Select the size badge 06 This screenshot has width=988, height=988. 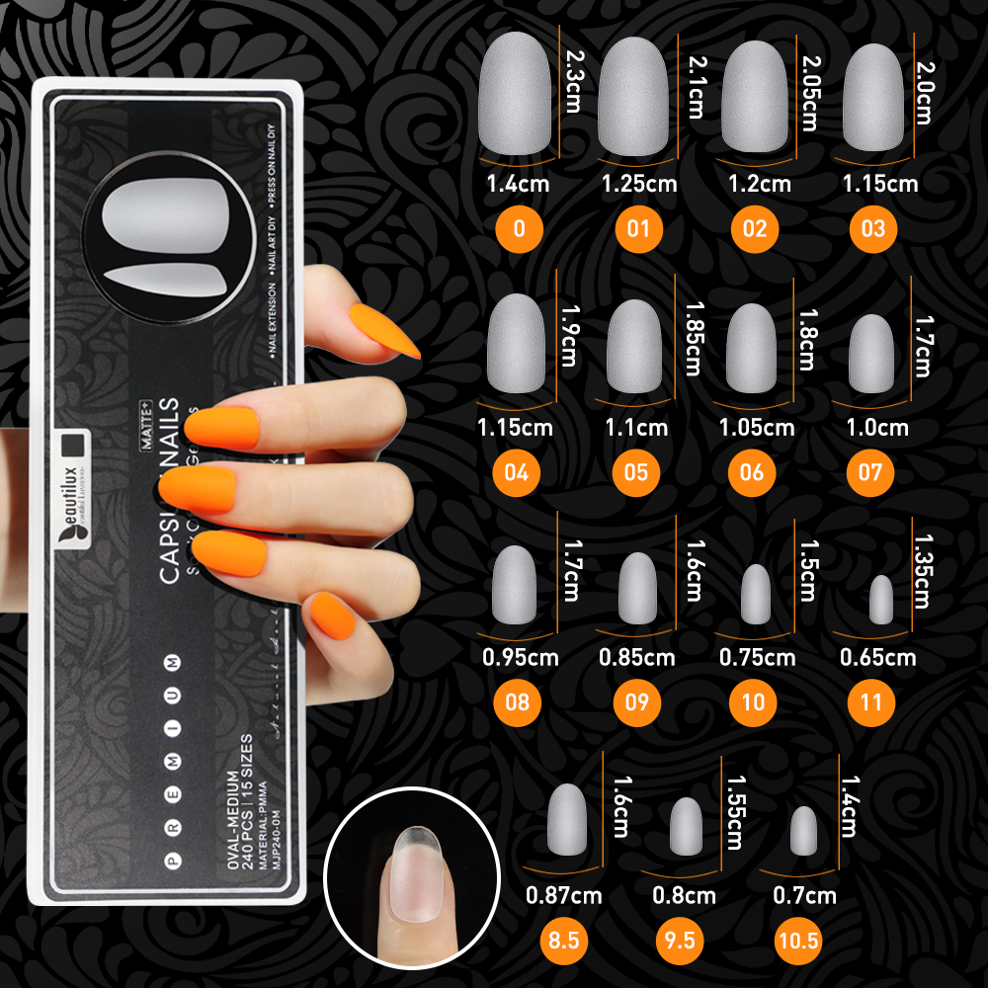[x=753, y=472]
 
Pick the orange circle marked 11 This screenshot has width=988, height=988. [x=870, y=703]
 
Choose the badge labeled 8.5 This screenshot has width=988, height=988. [x=563, y=940]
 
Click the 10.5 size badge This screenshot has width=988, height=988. [x=798, y=940]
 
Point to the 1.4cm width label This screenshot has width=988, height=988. [x=518, y=183]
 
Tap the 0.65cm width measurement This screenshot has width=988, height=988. [x=878, y=657]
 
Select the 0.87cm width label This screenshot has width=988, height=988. [x=564, y=896]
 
